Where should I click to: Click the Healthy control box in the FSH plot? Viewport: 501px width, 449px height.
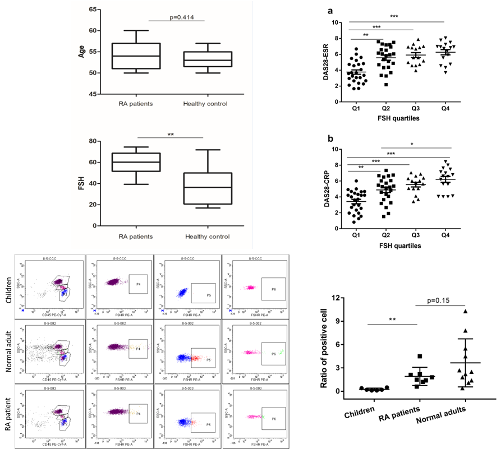[x=208, y=188]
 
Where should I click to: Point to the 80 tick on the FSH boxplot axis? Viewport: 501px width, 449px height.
[x=90, y=141]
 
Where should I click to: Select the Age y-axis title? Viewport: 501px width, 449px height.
[x=81, y=52]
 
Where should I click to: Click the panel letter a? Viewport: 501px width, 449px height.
[x=331, y=10]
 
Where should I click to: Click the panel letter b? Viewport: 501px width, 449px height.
[x=331, y=138]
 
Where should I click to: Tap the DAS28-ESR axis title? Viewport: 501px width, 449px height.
[x=326, y=63]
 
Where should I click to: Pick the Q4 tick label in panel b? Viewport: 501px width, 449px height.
[x=445, y=236]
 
